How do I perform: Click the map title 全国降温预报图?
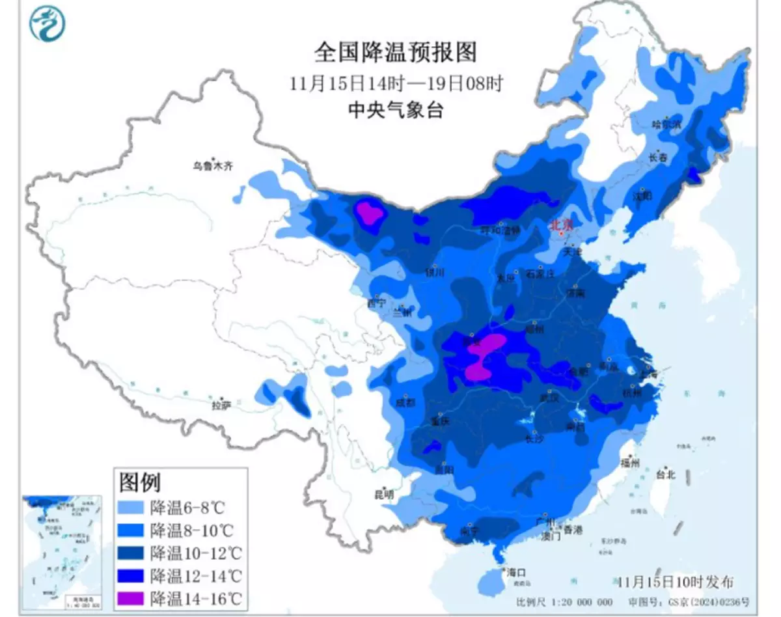[x=396, y=53]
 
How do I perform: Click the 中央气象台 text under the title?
[x=396, y=111]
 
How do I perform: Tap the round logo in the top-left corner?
[x=48, y=23]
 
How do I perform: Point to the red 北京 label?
[x=562, y=225]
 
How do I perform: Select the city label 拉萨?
[x=221, y=405]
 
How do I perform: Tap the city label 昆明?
[x=385, y=495]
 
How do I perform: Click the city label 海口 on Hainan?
[x=515, y=573]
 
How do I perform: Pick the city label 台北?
[x=665, y=474]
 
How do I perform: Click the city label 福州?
[x=630, y=463]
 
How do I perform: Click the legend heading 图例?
[x=139, y=483]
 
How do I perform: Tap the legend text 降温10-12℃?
[x=195, y=553]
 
